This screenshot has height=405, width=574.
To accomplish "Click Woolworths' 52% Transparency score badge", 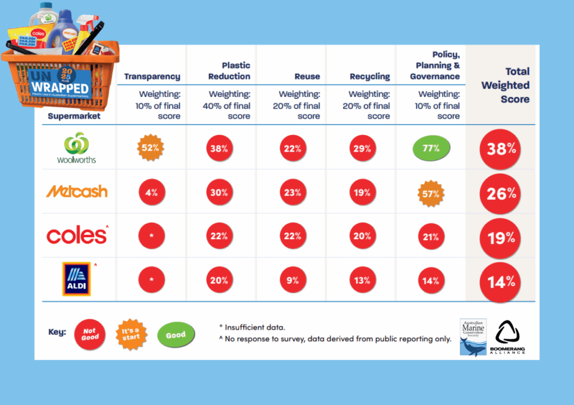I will tap(151, 149).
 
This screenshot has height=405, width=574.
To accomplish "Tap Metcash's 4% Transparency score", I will tap(151, 192).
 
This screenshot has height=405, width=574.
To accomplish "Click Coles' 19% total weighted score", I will tap(501, 237).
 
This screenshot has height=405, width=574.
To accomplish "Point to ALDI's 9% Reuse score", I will tap(292, 280).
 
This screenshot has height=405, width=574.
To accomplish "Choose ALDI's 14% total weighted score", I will tap(501, 281).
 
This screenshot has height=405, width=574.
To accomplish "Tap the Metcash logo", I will tap(77, 192).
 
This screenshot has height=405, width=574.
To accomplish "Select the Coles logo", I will tap(77, 236).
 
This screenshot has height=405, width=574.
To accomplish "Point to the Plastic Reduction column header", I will tap(229, 71).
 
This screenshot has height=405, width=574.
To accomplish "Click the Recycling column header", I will tap(369, 76).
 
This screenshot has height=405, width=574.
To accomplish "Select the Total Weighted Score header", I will tap(505, 85).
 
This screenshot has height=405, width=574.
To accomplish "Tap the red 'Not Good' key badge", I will tap(90, 334).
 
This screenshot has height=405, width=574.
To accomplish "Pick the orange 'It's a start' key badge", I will tap(131, 334).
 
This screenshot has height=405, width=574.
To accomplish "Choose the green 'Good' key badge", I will tap(175, 335).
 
